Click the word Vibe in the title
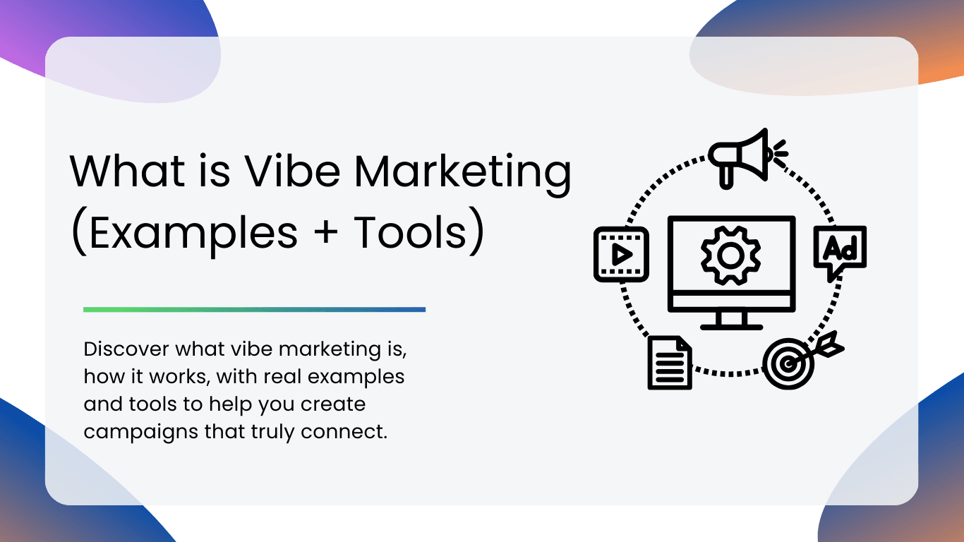coord(293,171)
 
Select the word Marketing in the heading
coord(463,174)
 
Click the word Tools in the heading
coord(410,232)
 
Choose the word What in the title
coord(128,171)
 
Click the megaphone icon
coord(748,158)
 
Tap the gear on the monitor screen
coord(730,255)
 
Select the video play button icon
coord(621,255)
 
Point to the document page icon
coord(670,363)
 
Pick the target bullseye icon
coord(788,363)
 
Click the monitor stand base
coord(732,327)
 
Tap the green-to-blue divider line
coord(254,310)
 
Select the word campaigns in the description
coord(140,433)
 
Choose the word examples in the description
coord(356,378)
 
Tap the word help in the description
coord(230,405)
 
